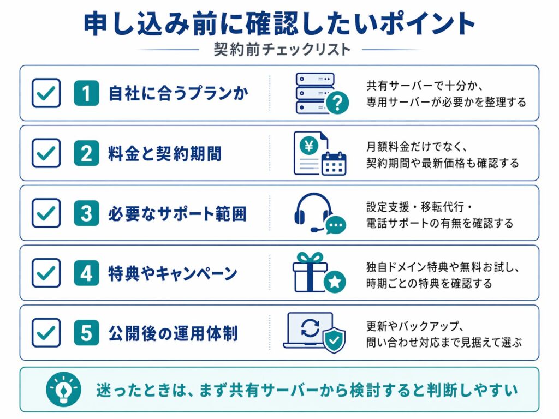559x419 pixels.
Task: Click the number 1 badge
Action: (86, 93)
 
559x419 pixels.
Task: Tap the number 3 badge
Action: (86, 213)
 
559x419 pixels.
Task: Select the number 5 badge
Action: (86, 333)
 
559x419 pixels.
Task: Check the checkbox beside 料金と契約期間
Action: (46, 153)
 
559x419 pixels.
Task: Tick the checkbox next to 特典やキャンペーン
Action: (46, 273)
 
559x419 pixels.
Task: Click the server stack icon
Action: (314, 93)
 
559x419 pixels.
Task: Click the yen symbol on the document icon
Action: (308, 145)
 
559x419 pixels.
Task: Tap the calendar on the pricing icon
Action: (334, 163)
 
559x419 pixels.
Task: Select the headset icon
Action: (313, 211)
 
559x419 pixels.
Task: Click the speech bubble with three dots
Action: (336, 224)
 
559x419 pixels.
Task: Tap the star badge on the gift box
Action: (335, 282)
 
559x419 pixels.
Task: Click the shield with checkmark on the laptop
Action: (334, 340)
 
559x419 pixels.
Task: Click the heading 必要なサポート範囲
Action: (177, 214)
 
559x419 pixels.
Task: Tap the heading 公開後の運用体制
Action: (173, 333)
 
